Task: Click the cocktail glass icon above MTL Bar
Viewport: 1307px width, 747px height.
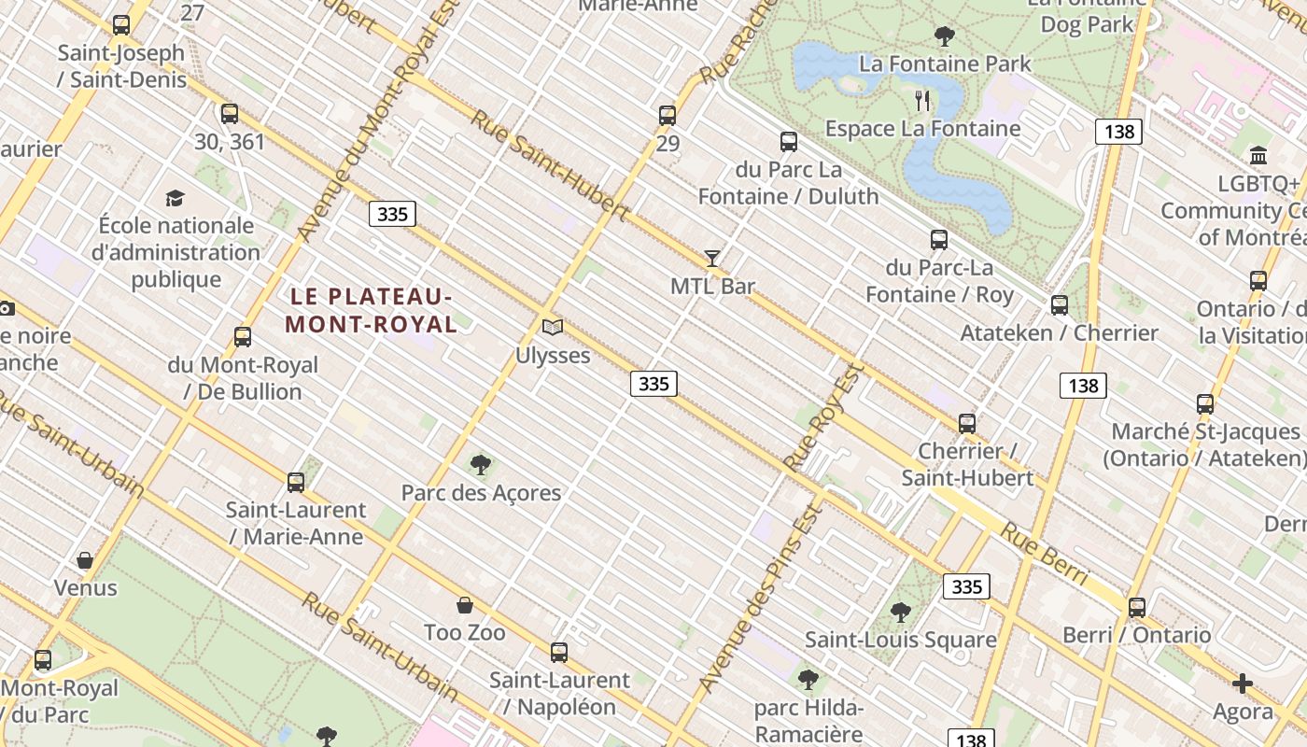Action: pos(712,259)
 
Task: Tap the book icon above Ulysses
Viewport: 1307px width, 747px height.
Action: pos(553,328)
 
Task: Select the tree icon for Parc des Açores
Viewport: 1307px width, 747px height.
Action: pos(481,464)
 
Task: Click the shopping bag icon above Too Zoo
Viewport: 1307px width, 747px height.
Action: pos(465,605)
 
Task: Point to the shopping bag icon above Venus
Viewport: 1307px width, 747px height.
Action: pos(85,560)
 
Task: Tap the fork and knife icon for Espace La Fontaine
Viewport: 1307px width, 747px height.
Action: pos(923,100)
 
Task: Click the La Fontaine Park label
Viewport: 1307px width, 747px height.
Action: pos(945,63)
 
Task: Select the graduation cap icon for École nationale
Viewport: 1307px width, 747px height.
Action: pos(175,198)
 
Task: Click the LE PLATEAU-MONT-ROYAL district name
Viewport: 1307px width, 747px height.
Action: pos(372,311)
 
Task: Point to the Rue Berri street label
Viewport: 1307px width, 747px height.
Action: pos(1045,555)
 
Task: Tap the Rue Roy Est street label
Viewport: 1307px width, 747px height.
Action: pos(821,417)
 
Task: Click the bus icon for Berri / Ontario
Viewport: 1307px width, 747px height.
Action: pos(1136,608)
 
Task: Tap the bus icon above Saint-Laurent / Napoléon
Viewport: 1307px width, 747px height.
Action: pos(559,653)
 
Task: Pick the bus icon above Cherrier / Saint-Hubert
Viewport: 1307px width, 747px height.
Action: pos(967,424)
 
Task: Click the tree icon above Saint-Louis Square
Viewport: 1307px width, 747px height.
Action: pos(901,613)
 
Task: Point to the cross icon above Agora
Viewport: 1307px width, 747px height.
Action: pos(1243,684)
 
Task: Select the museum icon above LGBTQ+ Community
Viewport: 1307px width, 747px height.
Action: pos(1258,155)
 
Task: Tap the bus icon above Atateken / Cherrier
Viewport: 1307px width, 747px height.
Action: pos(1060,305)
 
